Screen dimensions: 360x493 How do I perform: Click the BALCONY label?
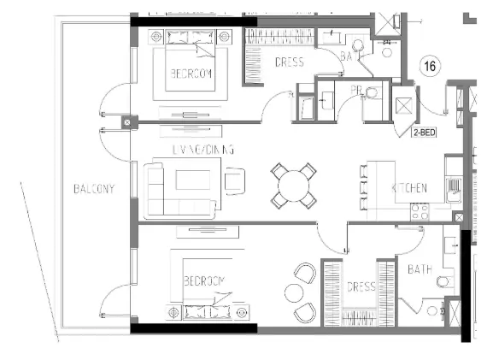95,188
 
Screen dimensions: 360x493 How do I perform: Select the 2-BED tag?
425,133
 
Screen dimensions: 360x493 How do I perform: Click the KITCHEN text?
410,188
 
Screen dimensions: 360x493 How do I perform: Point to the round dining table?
292,185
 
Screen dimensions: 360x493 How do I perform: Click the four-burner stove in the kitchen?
420,211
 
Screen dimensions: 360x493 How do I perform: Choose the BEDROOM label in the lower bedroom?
203,280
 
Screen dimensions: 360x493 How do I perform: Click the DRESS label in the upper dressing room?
290,62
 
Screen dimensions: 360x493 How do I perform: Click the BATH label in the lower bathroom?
420,269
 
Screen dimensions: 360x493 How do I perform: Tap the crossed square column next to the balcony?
127,123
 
